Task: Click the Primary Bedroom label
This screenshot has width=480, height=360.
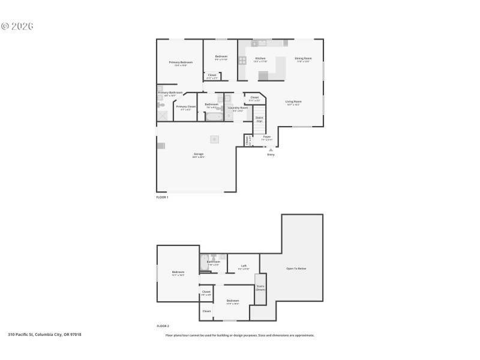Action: click(x=181, y=62)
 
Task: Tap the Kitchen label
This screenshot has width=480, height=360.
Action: click(x=260, y=59)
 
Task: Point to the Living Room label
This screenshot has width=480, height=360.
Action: click(x=293, y=102)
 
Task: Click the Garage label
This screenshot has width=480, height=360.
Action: click(x=198, y=154)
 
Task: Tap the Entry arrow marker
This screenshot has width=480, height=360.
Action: click(x=271, y=149)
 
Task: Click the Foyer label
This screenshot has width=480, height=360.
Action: click(x=267, y=137)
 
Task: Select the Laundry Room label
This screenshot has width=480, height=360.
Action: click(x=238, y=108)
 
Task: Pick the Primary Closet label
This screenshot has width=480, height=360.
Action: click(x=186, y=107)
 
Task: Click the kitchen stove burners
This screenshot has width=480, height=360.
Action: click(x=242, y=60)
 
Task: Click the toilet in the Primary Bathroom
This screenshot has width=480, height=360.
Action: click(x=161, y=105)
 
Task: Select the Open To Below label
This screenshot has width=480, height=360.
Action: click(x=296, y=268)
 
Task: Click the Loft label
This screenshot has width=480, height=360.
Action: click(x=244, y=266)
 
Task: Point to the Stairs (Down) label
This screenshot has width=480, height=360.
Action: click(x=260, y=287)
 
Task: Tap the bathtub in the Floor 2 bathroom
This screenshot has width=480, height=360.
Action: click(x=204, y=262)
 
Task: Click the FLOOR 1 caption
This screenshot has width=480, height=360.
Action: click(x=163, y=197)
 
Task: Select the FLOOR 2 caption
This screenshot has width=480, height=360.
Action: click(x=163, y=326)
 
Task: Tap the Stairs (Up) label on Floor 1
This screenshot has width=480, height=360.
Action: click(x=259, y=119)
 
